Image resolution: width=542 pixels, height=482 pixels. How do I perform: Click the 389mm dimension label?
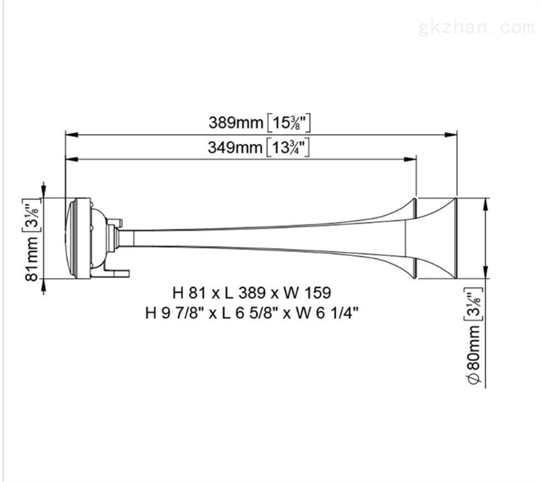[236, 123]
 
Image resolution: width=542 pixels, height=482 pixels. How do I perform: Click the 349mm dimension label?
[235, 148]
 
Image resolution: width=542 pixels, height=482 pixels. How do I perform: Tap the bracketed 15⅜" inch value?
[289, 123]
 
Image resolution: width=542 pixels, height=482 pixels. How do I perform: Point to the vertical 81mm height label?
[32, 259]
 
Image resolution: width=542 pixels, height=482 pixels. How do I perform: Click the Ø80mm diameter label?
[474, 355]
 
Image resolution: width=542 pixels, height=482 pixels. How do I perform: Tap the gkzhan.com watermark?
[476, 28]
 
